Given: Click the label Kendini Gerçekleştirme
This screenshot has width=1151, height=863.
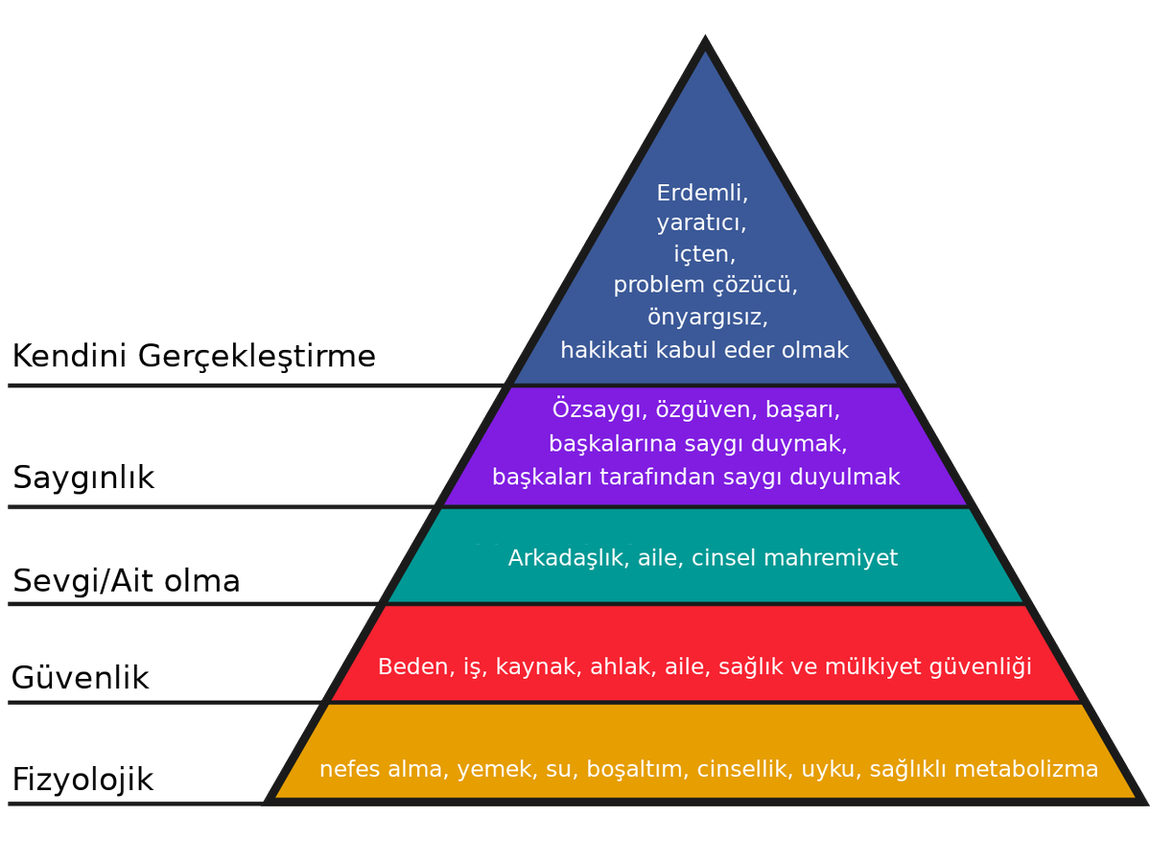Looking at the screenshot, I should tap(193, 357).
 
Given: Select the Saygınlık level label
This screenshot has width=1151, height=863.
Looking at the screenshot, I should tap(83, 478).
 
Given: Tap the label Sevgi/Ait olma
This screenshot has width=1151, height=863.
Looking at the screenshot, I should tap(126, 581).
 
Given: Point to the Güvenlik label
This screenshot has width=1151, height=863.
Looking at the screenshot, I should tap(81, 679).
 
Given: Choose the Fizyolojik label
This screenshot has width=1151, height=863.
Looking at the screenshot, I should tap(82, 780).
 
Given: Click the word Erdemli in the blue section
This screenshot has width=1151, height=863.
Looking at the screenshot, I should tap(701, 193).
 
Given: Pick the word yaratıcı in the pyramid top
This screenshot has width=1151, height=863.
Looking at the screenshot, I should tap(701, 224).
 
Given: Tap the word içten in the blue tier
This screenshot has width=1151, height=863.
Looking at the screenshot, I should tap(704, 255).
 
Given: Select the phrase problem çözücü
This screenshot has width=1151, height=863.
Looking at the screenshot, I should tap(705, 286).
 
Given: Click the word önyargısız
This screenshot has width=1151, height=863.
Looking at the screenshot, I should tap(705, 317).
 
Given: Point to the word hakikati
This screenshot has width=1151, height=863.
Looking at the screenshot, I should tap(603, 350).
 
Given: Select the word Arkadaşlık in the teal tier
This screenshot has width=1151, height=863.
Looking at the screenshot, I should tap(568, 557).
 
